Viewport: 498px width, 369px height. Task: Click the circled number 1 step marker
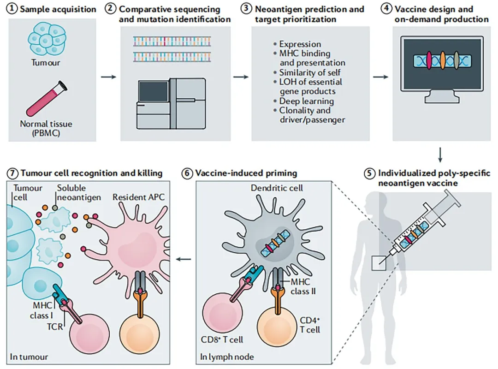tap(12, 9)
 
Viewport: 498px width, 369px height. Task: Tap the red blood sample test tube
tap(47, 98)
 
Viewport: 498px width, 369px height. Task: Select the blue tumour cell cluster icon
tap(47, 40)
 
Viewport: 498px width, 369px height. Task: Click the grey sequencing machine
tap(171, 103)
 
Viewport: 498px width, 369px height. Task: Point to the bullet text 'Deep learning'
tap(307, 101)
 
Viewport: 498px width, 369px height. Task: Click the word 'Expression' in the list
tap(300, 44)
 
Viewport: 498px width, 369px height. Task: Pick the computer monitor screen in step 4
tap(442, 64)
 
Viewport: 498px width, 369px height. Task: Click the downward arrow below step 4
tap(440, 155)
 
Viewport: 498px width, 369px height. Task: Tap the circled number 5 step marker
tap(369, 173)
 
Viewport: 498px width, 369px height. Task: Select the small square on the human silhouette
tap(379, 263)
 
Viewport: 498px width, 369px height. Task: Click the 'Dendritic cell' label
tap(277, 188)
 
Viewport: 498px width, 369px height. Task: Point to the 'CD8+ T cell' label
tap(222, 339)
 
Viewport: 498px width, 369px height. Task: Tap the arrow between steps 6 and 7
tap(184, 259)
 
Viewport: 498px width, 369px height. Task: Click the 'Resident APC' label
tap(138, 197)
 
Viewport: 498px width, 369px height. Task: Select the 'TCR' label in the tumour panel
tap(55, 327)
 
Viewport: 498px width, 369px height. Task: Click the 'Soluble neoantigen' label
tap(79, 193)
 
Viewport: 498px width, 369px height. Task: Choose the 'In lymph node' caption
tap(227, 357)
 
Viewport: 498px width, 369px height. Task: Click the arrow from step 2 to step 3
tap(241, 77)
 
